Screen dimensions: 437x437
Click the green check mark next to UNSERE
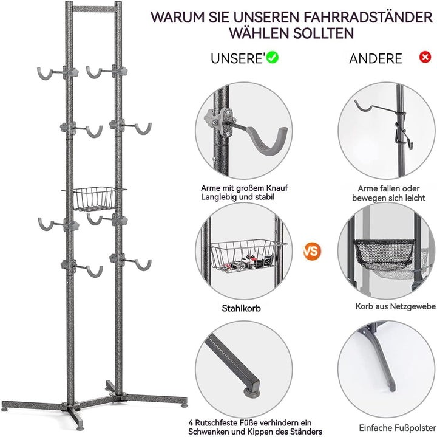(273, 58)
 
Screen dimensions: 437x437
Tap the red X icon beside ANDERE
(425, 57)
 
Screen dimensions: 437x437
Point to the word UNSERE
(237, 58)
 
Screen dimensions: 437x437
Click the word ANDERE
(375, 58)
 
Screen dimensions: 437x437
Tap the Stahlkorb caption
(241, 308)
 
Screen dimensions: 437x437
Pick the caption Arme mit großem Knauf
(240, 188)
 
